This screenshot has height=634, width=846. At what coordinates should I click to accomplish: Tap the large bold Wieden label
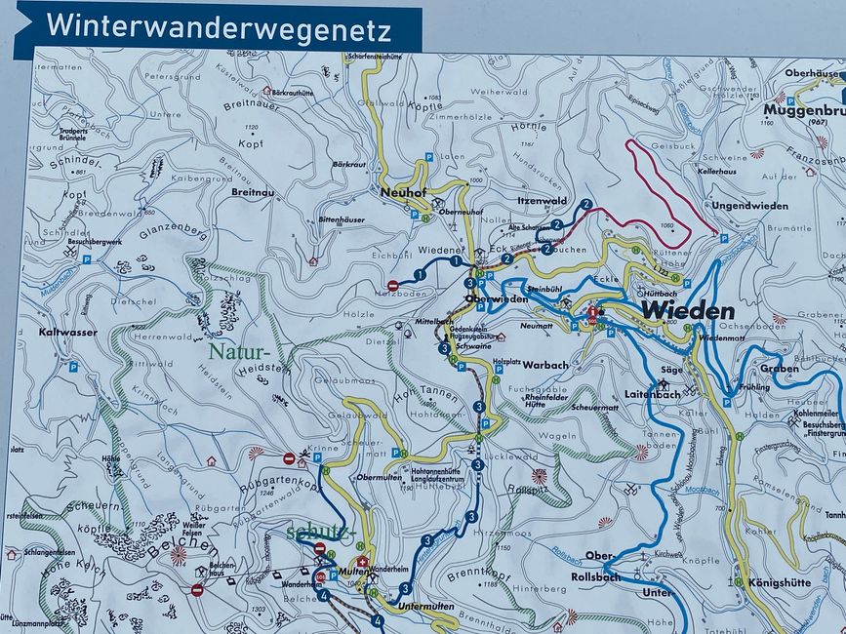687,311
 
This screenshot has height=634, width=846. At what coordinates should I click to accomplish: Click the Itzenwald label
543,200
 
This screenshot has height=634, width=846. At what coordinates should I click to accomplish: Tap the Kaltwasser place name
67,332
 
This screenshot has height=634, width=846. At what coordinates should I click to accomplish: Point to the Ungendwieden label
749,206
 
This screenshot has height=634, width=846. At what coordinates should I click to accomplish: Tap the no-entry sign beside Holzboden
392,285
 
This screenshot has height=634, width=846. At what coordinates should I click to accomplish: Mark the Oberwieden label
490,298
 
